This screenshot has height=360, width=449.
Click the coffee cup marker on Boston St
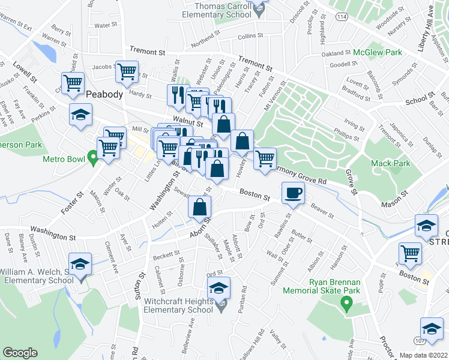[x=294, y=193]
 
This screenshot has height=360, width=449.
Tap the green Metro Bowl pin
[x=92, y=158]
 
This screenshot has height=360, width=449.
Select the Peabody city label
[x=104, y=94]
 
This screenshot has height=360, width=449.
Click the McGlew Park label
[x=377, y=53]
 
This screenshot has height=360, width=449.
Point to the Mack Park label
[x=393, y=163]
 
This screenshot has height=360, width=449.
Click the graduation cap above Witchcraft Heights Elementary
[x=219, y=288]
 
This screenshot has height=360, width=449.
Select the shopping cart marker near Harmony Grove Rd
[x=265, y=159]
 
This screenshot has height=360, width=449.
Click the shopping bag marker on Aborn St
[x=200, y=208]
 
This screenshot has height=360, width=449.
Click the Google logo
[x=20, y=353]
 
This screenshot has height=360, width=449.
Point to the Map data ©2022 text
[x=424, y=355]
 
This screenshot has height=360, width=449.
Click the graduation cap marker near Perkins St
[x=79, y=115]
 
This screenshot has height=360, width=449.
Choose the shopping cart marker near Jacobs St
[x=127, y=72]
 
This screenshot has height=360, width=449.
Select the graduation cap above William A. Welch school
[x=79, y=264]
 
